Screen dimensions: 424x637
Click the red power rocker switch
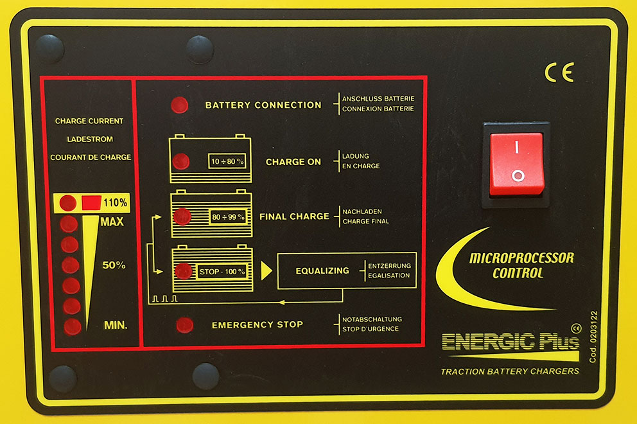(x=517, y=164)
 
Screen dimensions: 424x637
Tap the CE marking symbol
(x=559, y=73)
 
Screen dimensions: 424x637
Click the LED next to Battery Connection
(x=180, y=105)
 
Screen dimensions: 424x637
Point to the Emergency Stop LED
(x=184, y=325)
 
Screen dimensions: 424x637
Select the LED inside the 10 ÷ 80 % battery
(x=182, y=161)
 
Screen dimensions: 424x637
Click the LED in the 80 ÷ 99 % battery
(x=183, y=216)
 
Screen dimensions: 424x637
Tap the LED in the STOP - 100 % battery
(x=184, y=271)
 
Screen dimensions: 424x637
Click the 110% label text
(x=115, y=203)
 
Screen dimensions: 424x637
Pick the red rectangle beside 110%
(x=90, y=203)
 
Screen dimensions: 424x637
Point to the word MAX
(x=112, y=222)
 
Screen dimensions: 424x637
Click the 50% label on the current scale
(x=114, y=265)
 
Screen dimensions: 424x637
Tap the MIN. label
(x=116, y=325)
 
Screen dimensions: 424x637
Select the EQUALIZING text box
(x=322, y=270)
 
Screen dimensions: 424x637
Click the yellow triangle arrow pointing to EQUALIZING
(x=266, y=270)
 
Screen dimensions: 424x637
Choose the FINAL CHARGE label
(x=293, y=216)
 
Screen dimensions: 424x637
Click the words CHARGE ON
(x=293, y=162)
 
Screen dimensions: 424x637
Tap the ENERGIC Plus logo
(x=510, y=342)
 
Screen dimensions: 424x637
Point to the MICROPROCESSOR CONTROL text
(x=521, y=265)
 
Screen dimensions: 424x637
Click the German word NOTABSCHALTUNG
(x=372, y=319)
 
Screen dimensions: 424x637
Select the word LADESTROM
(x=89, y=139)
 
